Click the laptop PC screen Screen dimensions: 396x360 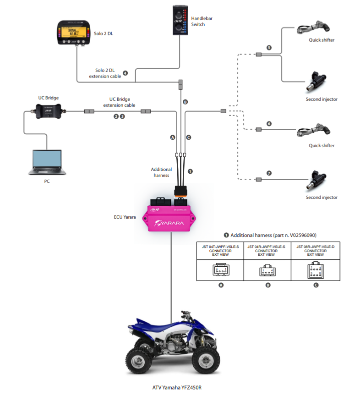(x=46, y=158)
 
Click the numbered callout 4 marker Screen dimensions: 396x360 (x=125, y=73)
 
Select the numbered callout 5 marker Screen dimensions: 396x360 (x=269, y=48)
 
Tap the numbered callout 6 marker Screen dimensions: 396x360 (x=269, y=124)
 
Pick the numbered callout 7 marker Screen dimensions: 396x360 (x=269, y=173)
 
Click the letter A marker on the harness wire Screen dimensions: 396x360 (x=173, y=137)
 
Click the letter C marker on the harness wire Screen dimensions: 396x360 (x=188, y=137)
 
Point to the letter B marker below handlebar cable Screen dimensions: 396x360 (x=185, y=102)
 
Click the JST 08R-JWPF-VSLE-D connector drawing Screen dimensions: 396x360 (x=316, y=270)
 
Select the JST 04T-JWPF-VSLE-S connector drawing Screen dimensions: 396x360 (x=221, y=270)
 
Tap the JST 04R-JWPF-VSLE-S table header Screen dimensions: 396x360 (x=266, y=250)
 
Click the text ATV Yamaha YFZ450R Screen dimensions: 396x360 (x=177, y=387)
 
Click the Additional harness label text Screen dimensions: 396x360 (x=161, y=172)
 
